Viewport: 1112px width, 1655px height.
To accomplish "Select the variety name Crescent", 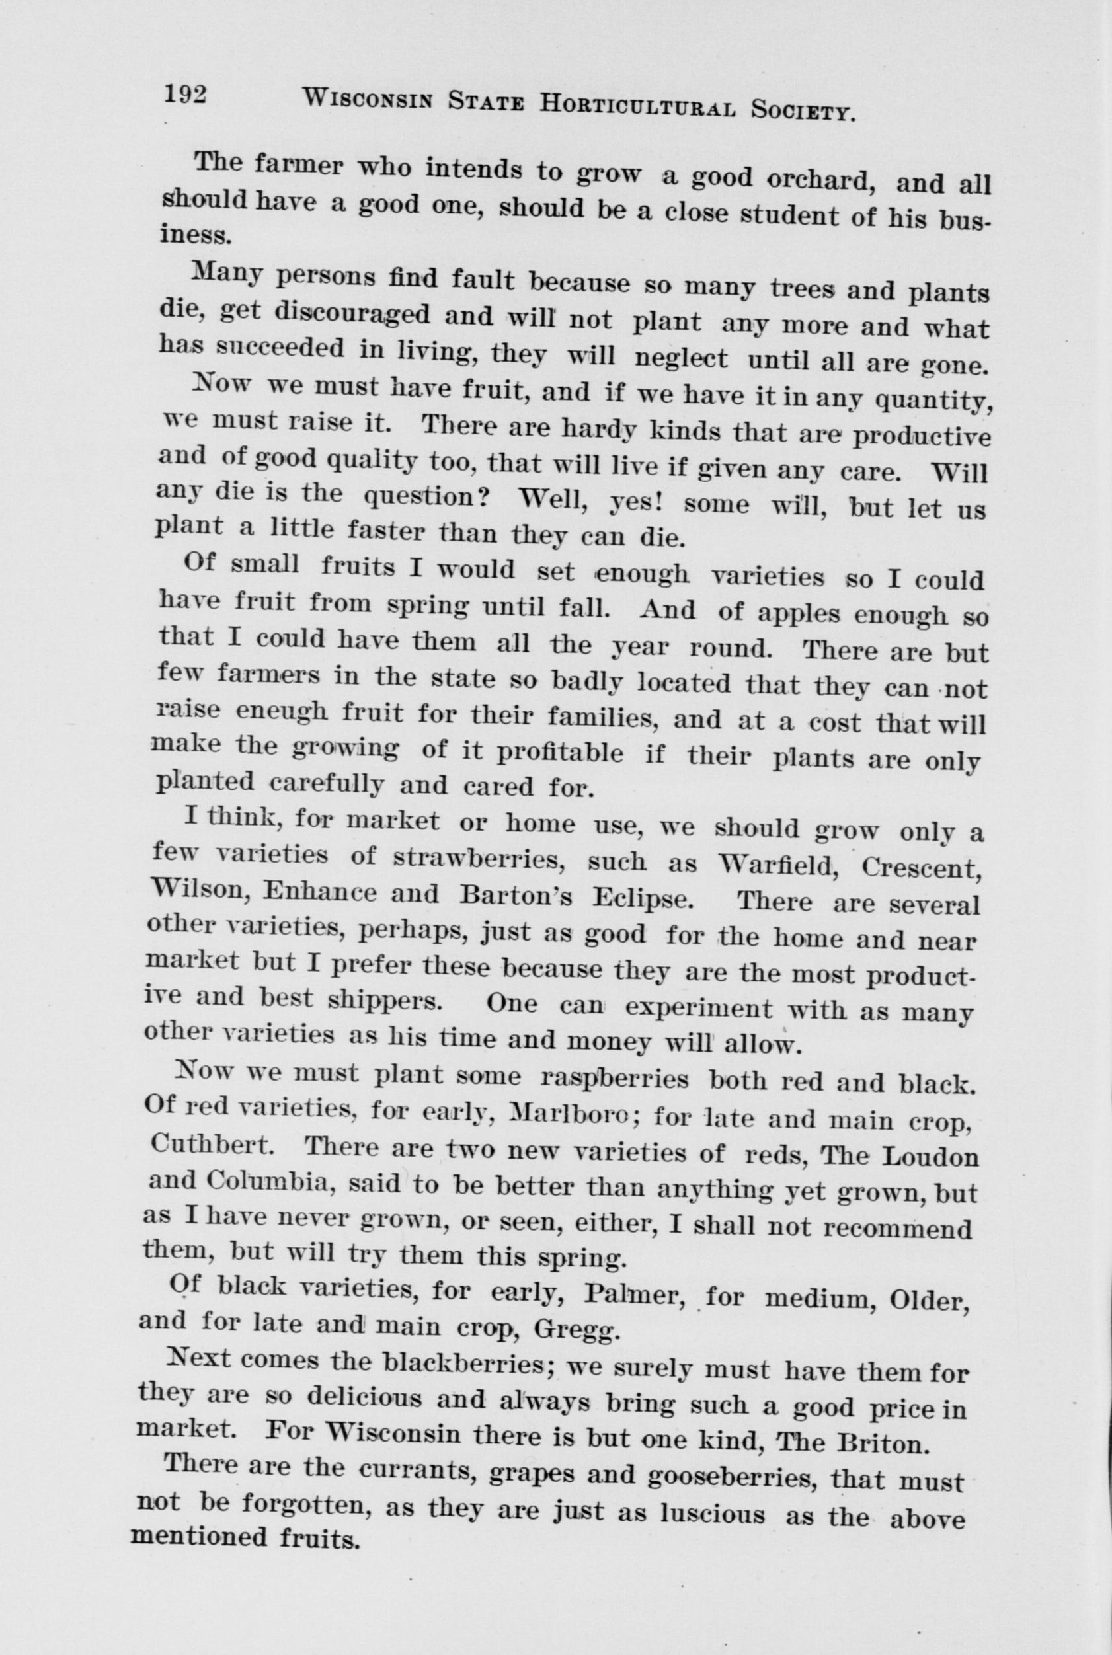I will pos(919,868).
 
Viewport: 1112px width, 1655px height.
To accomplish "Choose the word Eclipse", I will pos(641,898).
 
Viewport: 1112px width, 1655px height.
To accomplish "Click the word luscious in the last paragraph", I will pos(712,1488).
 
